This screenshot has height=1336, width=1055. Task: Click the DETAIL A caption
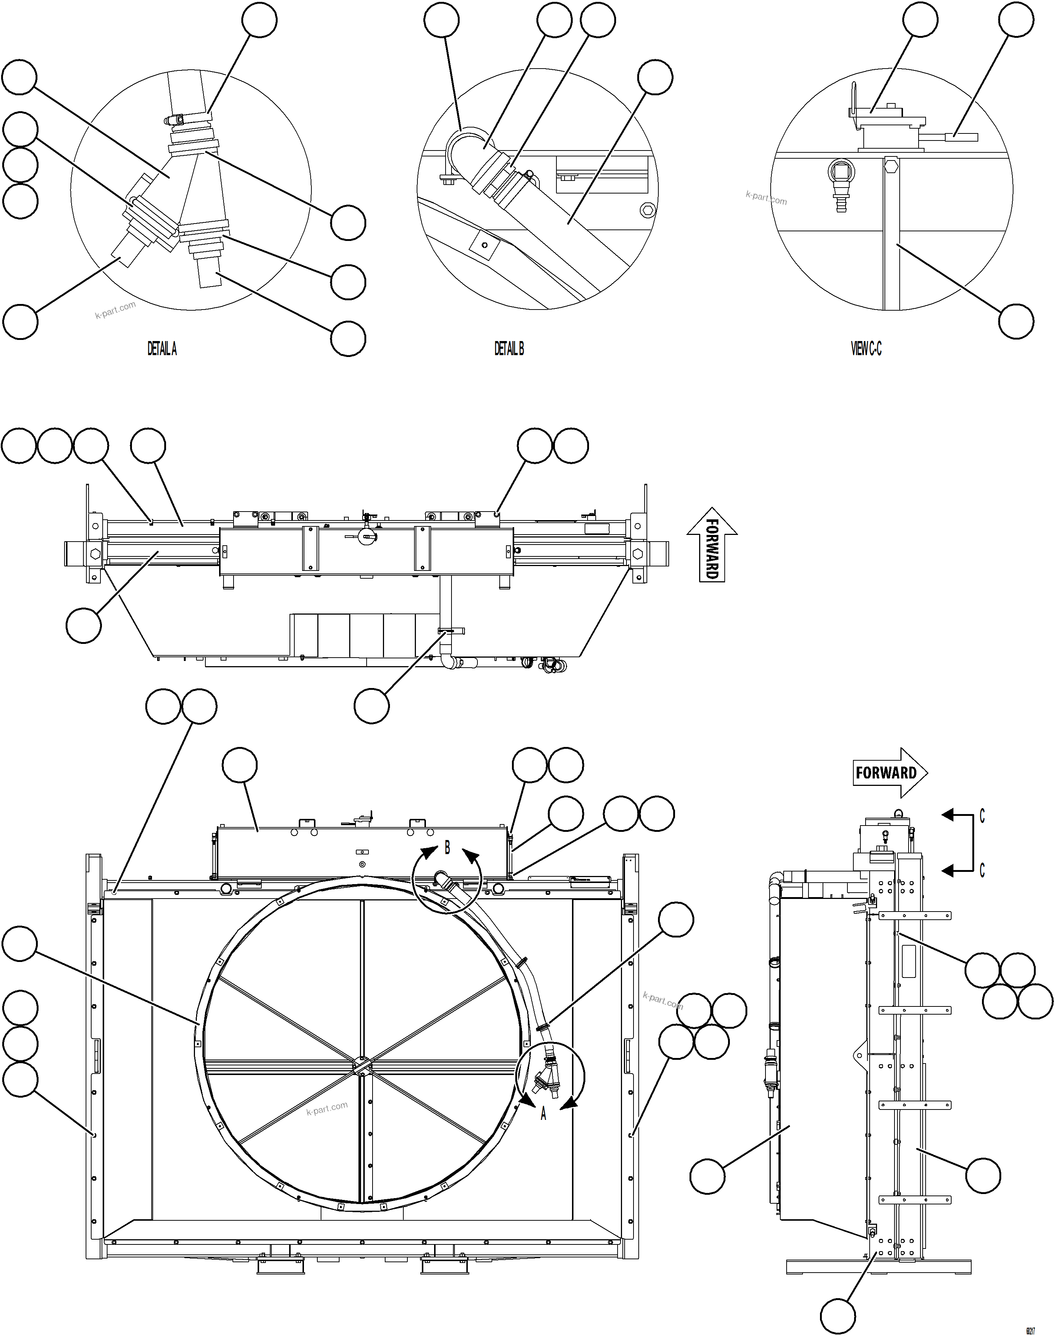(x=162, y=349)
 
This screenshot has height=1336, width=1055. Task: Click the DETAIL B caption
(x=509, y=349)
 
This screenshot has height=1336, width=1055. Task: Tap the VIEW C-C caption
(x=866, y=349)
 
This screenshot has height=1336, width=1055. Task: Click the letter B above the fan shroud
(x=447, y=847)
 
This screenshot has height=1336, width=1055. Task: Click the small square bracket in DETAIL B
(x=485, y=245)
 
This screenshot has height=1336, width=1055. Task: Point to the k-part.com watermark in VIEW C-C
(x=766, y=198)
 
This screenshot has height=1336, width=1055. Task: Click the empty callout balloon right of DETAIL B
(x=655, y=77)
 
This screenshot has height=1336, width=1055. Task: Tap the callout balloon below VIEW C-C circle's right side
(x=1016, y=321)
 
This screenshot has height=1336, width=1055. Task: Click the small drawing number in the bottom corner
(x=1030, y=1326)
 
